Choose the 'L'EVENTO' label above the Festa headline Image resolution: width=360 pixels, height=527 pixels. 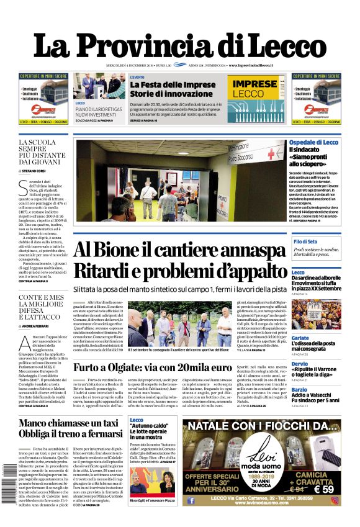(x=137, y=76)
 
